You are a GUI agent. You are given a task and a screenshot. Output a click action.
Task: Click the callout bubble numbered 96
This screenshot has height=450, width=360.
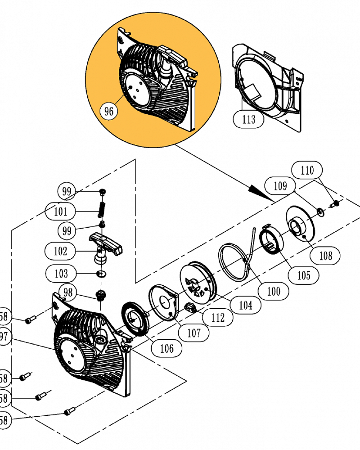(109, 111)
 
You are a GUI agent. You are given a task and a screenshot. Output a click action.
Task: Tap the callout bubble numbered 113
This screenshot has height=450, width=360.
(248, 119)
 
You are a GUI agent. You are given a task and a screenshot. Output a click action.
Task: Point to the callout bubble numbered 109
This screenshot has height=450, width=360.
(280, 185)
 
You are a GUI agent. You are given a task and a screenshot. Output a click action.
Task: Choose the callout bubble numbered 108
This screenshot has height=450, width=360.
(325, 256)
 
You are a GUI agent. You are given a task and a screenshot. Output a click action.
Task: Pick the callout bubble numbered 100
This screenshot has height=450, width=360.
(273, 291)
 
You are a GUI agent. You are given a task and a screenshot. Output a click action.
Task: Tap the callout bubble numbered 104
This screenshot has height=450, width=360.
(245, 306)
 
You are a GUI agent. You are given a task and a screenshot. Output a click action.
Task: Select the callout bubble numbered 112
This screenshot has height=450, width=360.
(217, 318)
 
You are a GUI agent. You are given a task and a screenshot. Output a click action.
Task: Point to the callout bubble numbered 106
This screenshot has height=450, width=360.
(166, 348)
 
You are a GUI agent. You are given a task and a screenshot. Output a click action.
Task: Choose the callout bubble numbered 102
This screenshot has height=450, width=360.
(60, 251)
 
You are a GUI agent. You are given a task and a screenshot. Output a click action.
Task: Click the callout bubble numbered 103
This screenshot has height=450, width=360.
(61, 273)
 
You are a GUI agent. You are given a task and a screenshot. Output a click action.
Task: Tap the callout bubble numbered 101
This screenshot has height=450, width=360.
(61, 211)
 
